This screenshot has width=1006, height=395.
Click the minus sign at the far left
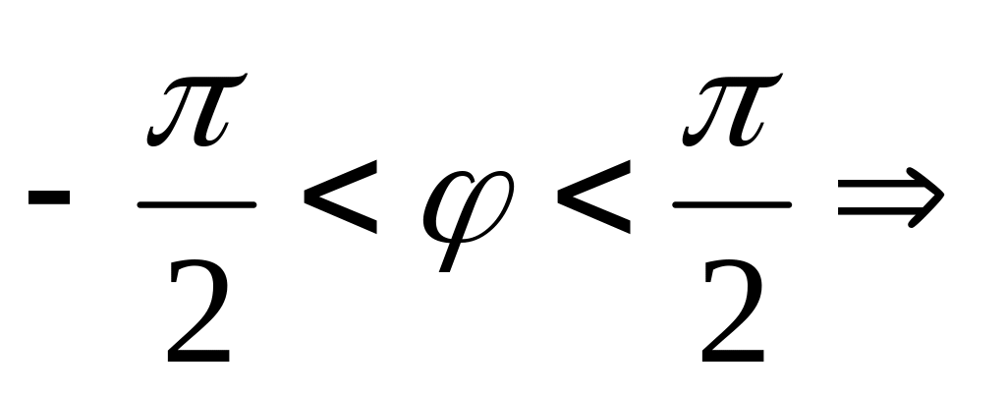48,196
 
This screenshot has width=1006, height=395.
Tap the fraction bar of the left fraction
196,205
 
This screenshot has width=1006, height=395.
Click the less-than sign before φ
340,205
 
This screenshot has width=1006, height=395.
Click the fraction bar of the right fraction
731,205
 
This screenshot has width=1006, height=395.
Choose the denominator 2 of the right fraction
733,309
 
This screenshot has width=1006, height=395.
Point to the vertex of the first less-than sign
307,205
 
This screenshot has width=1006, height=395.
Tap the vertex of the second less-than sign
559,205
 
